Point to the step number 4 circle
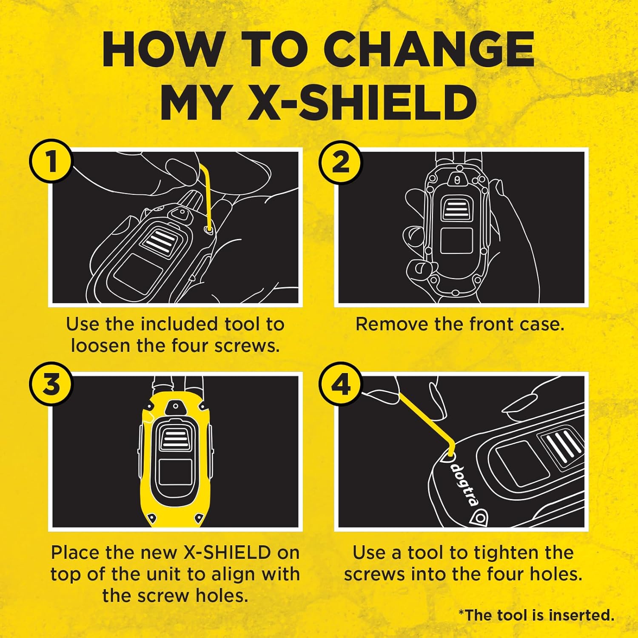point(340,385)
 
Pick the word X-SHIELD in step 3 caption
point(227,553)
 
